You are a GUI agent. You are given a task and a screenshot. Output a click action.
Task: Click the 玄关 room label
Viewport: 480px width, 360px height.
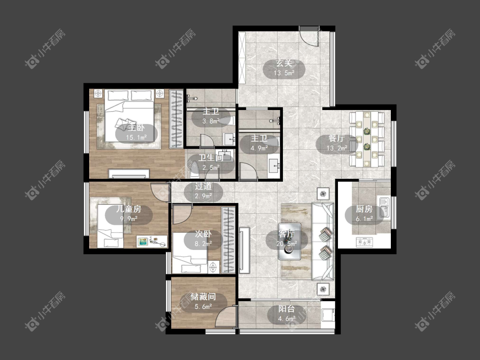point(284,64)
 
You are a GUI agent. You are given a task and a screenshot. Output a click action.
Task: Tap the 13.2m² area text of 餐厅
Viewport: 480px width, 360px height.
point(337,148)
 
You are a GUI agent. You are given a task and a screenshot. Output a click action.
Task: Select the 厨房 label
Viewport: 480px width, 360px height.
point(364,209)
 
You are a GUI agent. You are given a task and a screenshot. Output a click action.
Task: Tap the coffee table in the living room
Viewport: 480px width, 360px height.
point(290,241)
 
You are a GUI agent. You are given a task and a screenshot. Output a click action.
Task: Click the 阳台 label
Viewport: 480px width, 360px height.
point(287,309)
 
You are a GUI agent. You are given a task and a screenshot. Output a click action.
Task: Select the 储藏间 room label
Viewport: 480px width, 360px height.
point(203,296)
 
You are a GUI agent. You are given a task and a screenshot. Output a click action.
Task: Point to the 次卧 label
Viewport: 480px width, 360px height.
point(203,234)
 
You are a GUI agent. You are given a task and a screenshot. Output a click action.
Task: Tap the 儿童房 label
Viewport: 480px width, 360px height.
point(128,209)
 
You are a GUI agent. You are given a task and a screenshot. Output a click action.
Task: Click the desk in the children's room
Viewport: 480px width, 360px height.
point(152,241)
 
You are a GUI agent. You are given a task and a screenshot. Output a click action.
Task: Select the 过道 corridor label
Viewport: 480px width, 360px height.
point(203,186)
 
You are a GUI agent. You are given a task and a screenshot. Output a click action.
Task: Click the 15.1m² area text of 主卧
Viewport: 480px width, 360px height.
point(137,137)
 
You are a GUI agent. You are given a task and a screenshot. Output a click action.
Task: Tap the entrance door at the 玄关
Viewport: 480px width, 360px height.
point(309,36)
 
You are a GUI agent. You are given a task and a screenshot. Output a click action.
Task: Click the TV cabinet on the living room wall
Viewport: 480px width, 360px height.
point(244,250)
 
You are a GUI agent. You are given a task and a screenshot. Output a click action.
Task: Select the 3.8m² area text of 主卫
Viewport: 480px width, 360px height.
point(211,121)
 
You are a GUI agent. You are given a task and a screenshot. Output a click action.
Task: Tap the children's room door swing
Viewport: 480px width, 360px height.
point(160,192)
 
